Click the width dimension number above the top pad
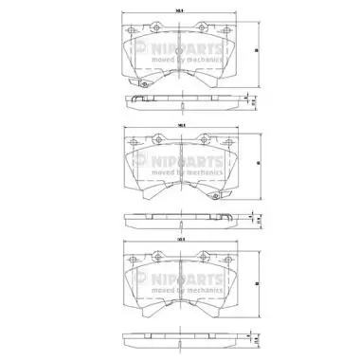[x=180, y=11]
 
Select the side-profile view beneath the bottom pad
[x=179, y=335]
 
